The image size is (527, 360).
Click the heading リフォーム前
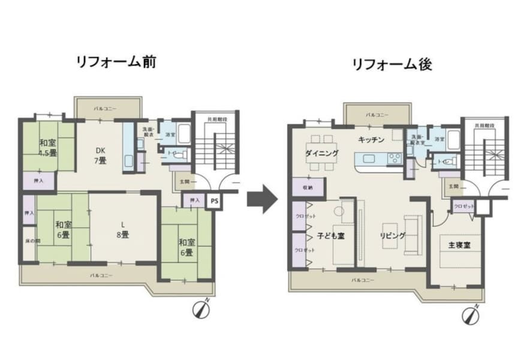(x=116, y=62)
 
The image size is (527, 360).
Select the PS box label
(x=213, y=202)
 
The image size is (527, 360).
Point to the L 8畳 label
(x=122, y=230)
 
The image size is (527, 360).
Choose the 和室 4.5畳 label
(x=47, y=148)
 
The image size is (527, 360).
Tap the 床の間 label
(x=29, y=241)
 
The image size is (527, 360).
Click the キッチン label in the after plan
(x=371, y=140)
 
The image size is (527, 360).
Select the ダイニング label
(x=322, y=153)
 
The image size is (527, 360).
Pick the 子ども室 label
(x=330, y=236)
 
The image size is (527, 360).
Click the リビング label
(x=392, y=236)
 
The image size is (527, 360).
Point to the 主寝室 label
(x=456, y=245)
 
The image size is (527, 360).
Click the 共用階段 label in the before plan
(x=214, y=119)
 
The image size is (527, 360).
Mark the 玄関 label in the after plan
(x=454, y=187)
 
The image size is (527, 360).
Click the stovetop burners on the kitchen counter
(x=394, y=159)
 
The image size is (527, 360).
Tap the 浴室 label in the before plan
(x=170, y=134)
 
